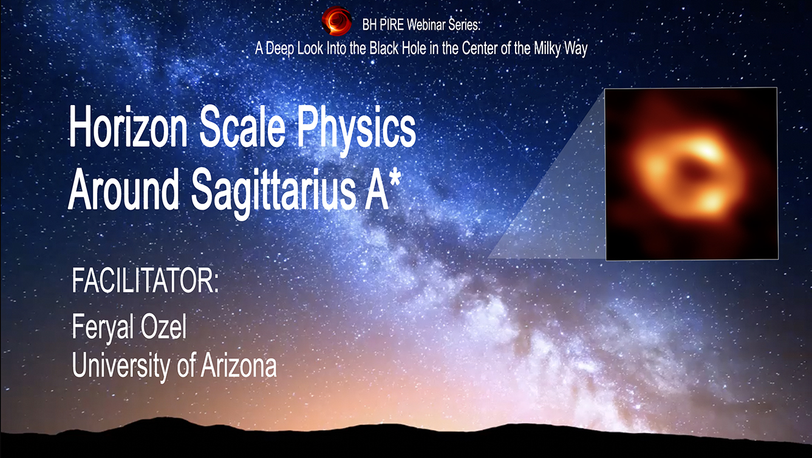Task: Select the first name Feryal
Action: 107,329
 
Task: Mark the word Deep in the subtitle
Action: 278,49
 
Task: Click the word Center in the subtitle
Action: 476,49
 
